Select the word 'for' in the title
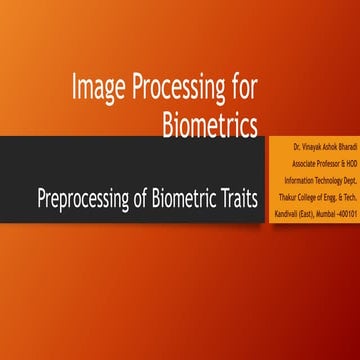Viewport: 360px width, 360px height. click(240, 91)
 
